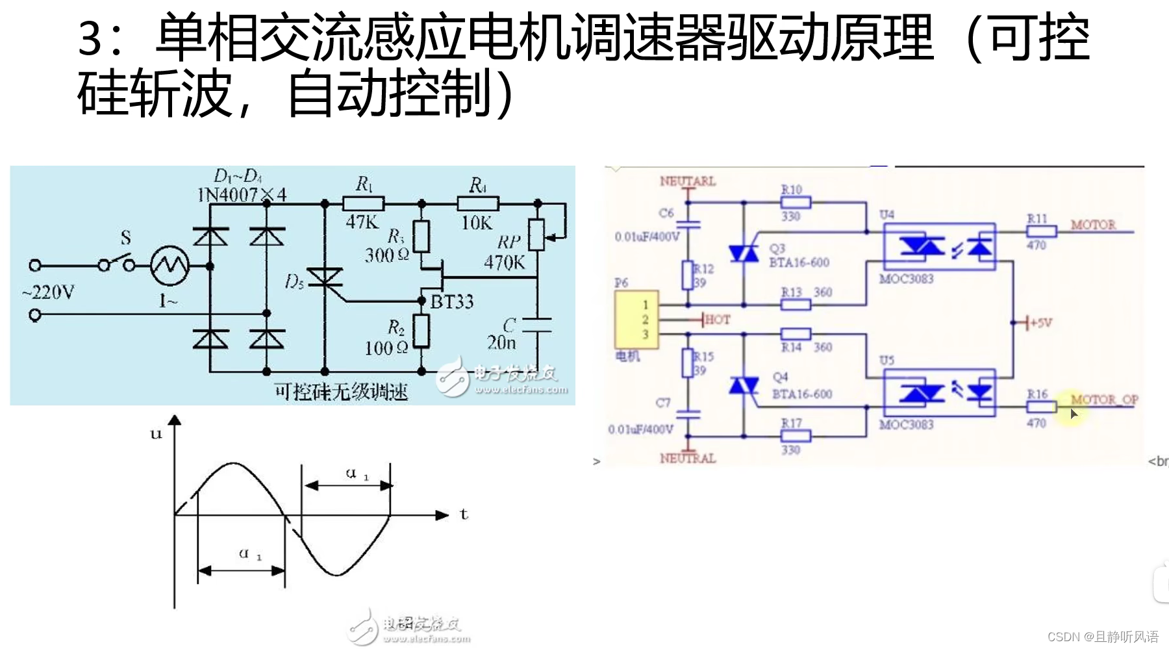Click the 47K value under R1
(362, 222)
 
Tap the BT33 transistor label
(452, 301)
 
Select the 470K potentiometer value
(504, 262)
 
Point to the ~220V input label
(48, 292)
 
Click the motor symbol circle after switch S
(170, 265)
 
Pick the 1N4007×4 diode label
(242, 194)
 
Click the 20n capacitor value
(501, 342)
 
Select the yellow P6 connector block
(636, 320)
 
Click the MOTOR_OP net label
(1104, 399)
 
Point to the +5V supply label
(1040, 323)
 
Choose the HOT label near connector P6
(717, 320)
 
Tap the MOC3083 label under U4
(906, 279)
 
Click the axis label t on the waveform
(464, 515)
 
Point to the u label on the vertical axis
(156, 433)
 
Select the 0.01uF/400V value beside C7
(640, 429)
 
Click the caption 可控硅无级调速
(341, 392)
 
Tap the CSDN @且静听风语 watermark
(1103, 637)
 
